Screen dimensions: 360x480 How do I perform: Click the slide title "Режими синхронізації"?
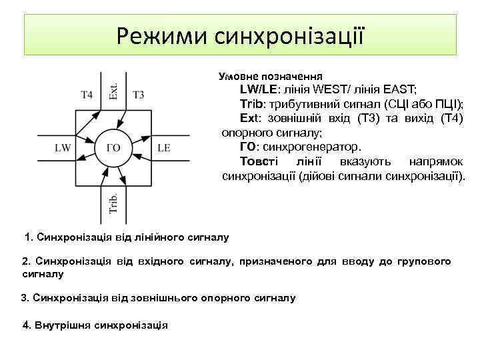click(240, 35)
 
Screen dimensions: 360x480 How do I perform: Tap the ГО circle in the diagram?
click(113, 147)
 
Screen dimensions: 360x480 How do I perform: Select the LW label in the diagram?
click(63, 147)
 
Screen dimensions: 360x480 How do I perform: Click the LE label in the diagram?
click(163, 147)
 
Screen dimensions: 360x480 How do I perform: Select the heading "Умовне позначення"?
click(271, 76)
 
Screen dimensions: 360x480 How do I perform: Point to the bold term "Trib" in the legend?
click(251, 104)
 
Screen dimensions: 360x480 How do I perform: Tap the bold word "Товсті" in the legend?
click(256, 162)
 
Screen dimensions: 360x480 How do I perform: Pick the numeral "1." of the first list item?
click(28, 237)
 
